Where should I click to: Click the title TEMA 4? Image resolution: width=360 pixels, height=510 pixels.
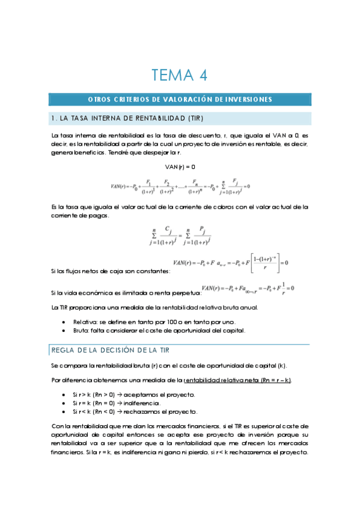coord(180,75)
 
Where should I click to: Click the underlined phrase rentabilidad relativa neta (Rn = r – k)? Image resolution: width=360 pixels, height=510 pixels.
coord(237,380)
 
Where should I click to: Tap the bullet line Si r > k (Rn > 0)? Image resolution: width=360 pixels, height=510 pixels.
coord(135,395)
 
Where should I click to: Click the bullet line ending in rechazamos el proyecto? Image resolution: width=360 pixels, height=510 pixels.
coord(135,411)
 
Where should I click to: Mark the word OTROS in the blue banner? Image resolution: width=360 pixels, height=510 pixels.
coord(99,99)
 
